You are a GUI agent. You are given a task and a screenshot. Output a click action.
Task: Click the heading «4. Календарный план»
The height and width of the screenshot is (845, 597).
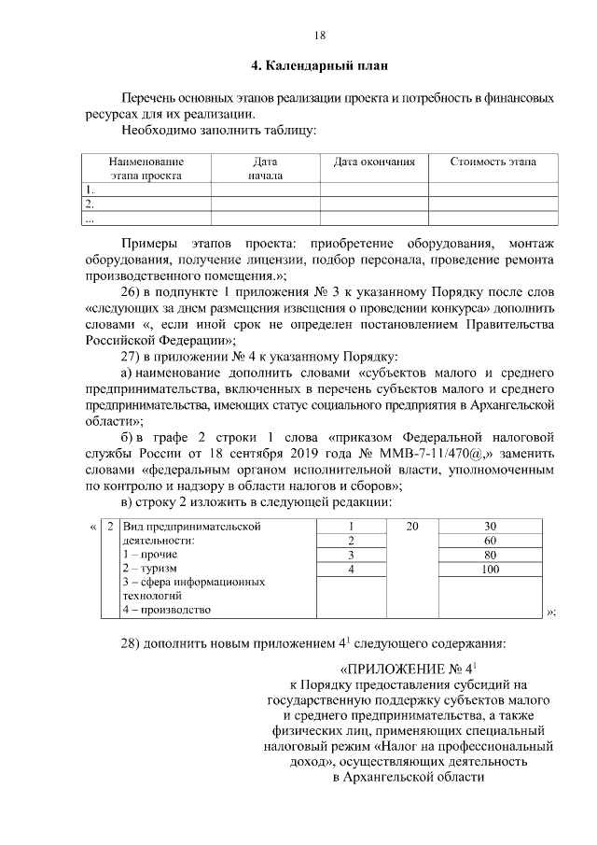[x=318, y=66]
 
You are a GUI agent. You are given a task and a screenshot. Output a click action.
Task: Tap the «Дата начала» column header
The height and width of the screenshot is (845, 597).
[x=265, y=168]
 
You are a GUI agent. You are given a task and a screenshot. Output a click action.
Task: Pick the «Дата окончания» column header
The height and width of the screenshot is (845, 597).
[x=374, y=162]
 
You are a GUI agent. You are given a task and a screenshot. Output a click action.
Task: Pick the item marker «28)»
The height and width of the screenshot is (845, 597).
[x=136, y=643]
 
